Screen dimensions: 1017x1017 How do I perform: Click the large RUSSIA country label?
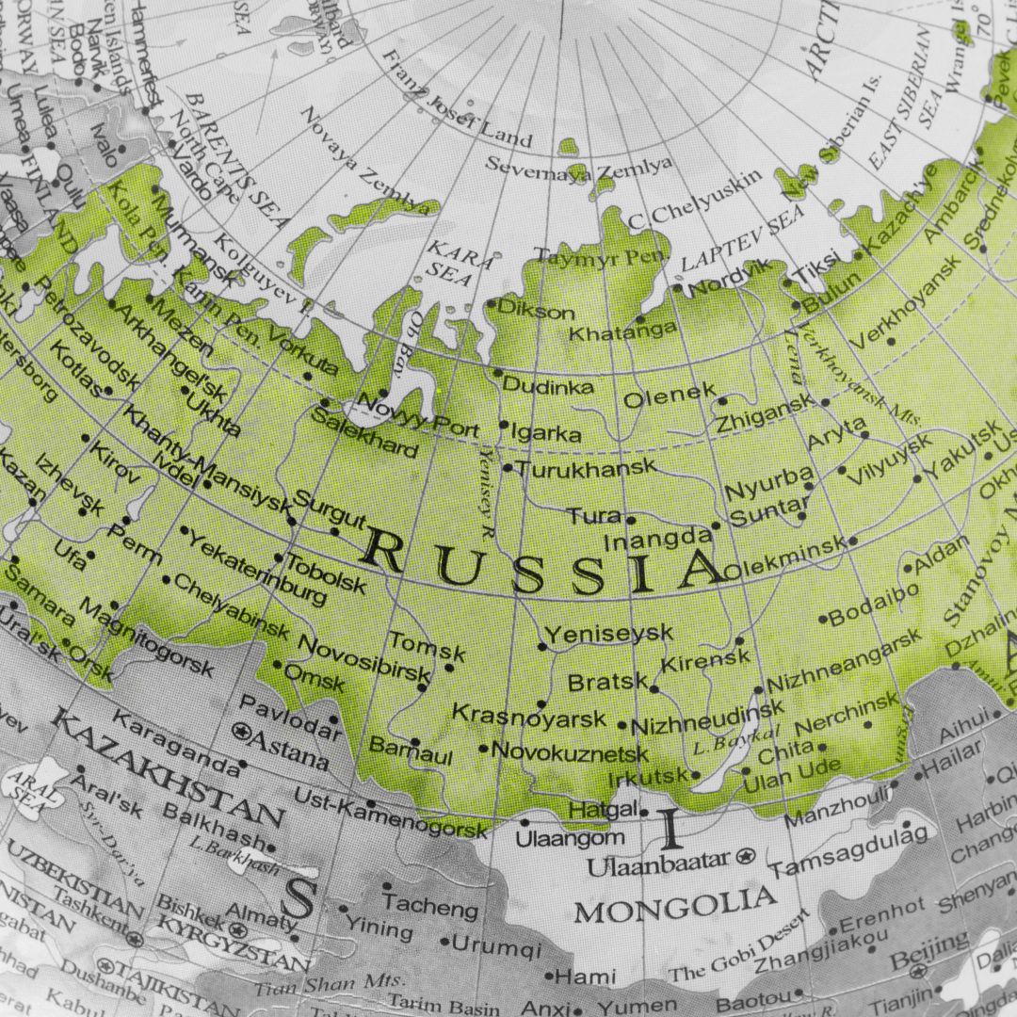(541, 565)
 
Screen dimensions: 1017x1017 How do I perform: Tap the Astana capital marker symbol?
(241, 731)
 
